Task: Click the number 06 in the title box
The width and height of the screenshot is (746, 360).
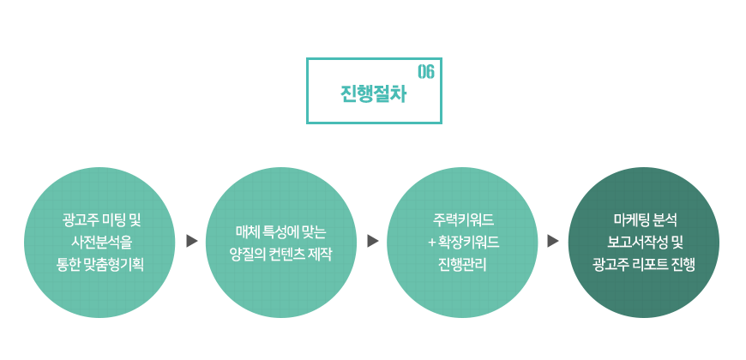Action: click(426, 72)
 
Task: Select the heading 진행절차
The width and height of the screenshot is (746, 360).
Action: click(374, 93)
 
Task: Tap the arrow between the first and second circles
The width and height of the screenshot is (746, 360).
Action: click(192, 241)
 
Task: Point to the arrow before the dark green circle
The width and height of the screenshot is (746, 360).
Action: click(553, 241)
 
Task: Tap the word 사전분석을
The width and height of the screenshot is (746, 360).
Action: click(101, 243)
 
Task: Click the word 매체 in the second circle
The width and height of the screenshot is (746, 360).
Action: click(246, 231)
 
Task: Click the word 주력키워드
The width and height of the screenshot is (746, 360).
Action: click(463, 220)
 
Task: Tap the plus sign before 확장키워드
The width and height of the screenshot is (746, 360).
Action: click(432, 243)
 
